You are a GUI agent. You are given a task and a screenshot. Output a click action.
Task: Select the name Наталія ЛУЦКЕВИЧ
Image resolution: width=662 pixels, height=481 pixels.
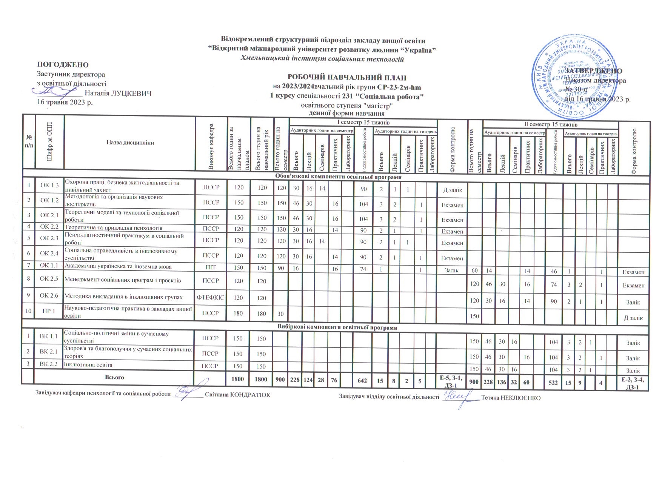(118, 93)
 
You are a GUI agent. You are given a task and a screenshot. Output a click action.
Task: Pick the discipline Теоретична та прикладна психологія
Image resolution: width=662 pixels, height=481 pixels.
(114, 228)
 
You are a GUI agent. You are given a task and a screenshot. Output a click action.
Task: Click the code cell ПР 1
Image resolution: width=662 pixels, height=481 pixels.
(49, 312)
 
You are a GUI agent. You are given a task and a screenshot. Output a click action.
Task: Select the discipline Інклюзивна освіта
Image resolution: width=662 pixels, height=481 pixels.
(89, 365)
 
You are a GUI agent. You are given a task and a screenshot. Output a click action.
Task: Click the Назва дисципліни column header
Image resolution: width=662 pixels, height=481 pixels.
(130, 143)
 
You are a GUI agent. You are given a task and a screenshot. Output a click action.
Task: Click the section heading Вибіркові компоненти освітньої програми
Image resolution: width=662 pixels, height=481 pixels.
(337, 327)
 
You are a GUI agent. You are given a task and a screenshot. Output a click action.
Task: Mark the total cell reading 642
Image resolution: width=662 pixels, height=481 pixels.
(363, 380)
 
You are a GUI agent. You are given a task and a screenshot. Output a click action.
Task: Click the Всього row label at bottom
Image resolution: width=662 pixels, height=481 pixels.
(114, 377)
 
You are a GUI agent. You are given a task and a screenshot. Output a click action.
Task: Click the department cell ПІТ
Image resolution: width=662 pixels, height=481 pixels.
(211, 267)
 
